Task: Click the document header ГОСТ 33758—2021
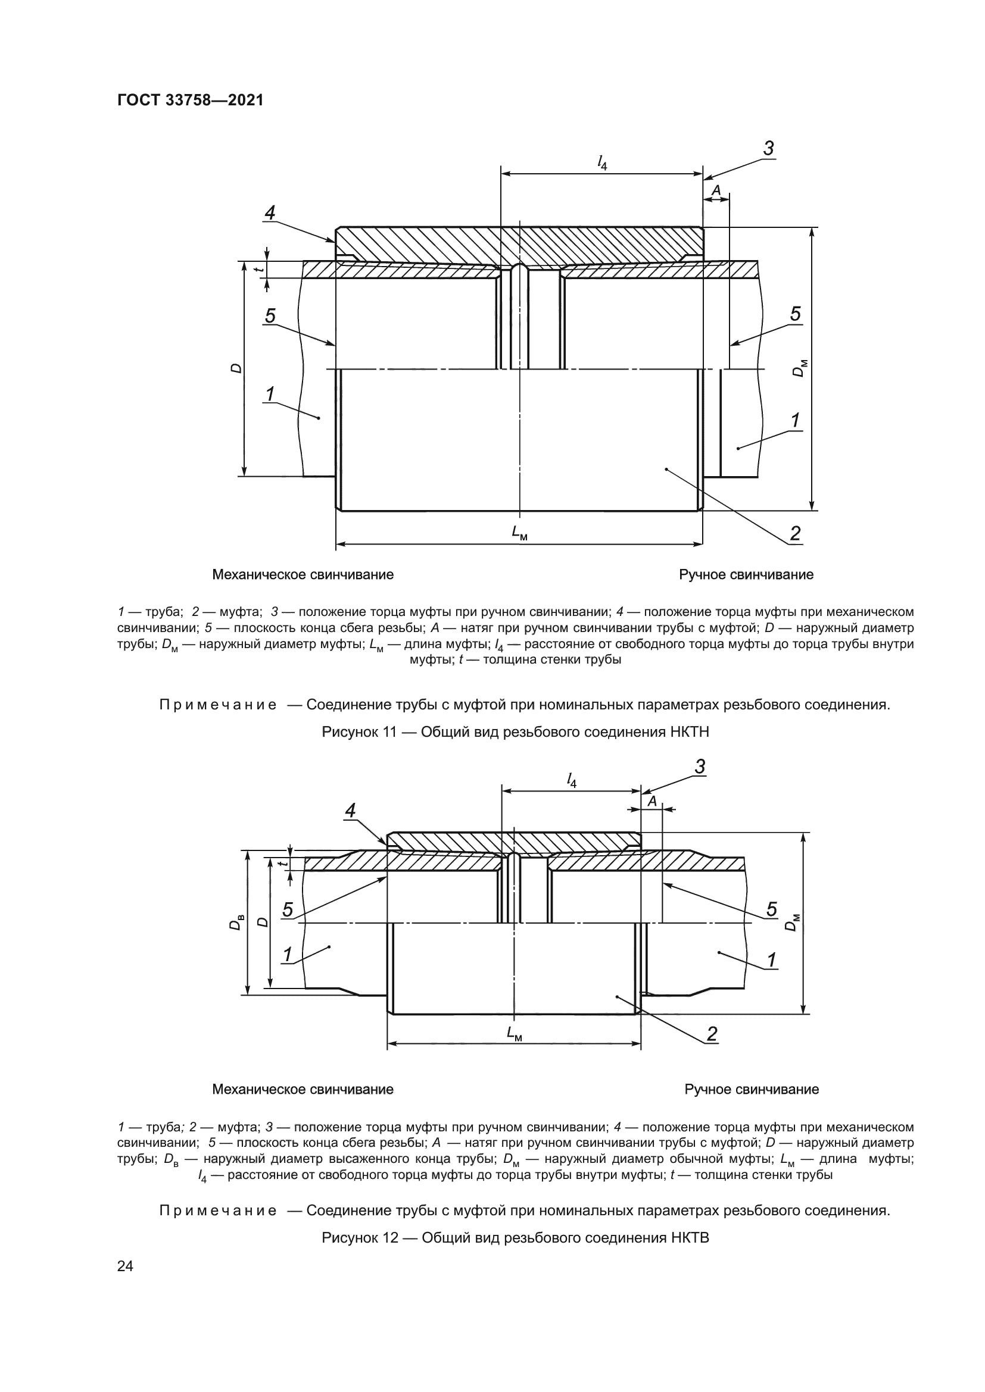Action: point(191,101)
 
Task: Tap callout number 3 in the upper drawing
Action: point(768,149)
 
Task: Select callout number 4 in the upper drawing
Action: point(270,213)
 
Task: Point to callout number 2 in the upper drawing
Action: point(795,533)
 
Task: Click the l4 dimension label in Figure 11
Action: point(601,162)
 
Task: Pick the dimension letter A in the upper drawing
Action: point(716,190)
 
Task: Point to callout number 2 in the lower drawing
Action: point(712,1034)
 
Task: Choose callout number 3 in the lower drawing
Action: point(700,767)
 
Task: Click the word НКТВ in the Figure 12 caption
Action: point(690,1237)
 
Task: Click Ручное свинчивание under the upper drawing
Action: point(746,575)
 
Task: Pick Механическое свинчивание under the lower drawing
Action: point(303,1090)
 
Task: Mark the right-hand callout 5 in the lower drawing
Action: point(771,909)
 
